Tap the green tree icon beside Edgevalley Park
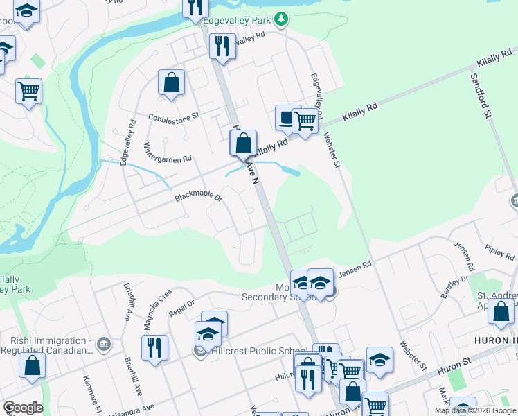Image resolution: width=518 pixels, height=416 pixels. (280, 19)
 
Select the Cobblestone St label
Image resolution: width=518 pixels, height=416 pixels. (174, 116)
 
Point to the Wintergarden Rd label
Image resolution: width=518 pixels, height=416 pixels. (167, 154)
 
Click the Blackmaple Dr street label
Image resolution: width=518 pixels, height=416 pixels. (198, 198)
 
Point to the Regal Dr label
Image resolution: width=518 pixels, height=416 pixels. (181, 307)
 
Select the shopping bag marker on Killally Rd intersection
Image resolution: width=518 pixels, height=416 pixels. (243, 144)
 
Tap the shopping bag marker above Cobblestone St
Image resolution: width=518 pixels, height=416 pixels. (171, 83)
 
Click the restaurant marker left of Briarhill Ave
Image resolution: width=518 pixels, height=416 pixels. (154, 347)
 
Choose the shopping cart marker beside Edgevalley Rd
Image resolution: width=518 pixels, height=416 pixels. (305, 121)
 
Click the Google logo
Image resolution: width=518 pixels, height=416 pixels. (23, 408)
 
